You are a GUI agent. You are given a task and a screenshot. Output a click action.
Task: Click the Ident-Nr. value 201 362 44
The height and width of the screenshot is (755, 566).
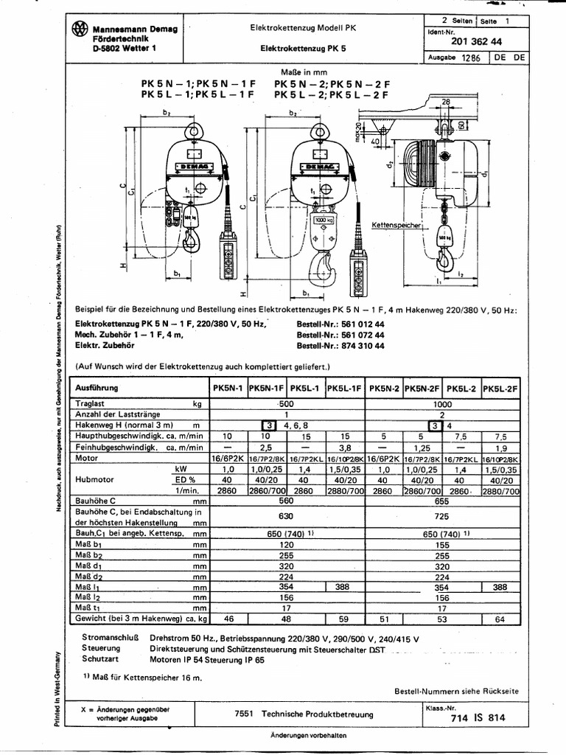[481, 42]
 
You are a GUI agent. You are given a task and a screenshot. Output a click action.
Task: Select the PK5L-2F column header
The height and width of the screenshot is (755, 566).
[500, 388]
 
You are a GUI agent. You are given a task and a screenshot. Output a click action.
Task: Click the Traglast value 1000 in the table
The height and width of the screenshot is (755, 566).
[443, 404]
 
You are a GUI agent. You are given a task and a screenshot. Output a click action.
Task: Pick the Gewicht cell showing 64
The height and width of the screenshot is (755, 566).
[500, 619]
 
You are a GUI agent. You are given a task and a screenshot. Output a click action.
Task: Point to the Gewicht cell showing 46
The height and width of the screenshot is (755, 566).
[228, 619]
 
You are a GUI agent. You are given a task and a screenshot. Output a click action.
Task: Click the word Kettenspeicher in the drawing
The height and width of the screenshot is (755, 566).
[395, 223]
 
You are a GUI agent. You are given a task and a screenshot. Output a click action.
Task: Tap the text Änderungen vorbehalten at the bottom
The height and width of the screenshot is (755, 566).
[307, 736]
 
